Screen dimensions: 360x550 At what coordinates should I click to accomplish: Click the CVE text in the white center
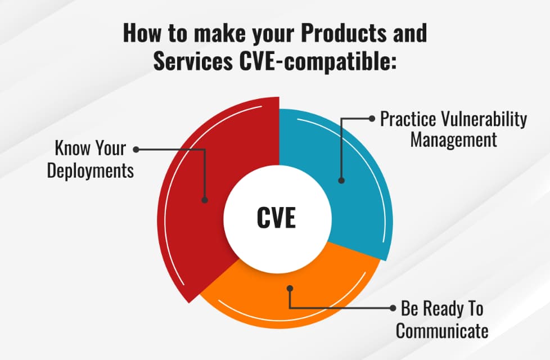click(276, 218)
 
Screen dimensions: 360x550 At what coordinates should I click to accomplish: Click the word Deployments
click(91, 170)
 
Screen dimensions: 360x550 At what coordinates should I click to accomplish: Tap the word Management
click(453, 139)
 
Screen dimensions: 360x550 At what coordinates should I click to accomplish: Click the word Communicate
click(442, 330)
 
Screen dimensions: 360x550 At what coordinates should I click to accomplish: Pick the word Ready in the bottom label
click(442, 309)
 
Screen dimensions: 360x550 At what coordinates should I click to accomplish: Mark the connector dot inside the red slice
click(205, 200)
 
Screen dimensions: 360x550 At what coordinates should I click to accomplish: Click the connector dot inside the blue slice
click(341, 181)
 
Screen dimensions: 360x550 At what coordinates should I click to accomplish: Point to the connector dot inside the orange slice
click(290, 288)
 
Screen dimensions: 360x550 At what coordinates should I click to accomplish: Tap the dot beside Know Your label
click(136, 150)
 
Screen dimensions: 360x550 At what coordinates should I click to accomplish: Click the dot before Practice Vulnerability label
click(372, 119)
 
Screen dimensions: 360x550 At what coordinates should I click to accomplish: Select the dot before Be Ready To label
click(392, 308)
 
